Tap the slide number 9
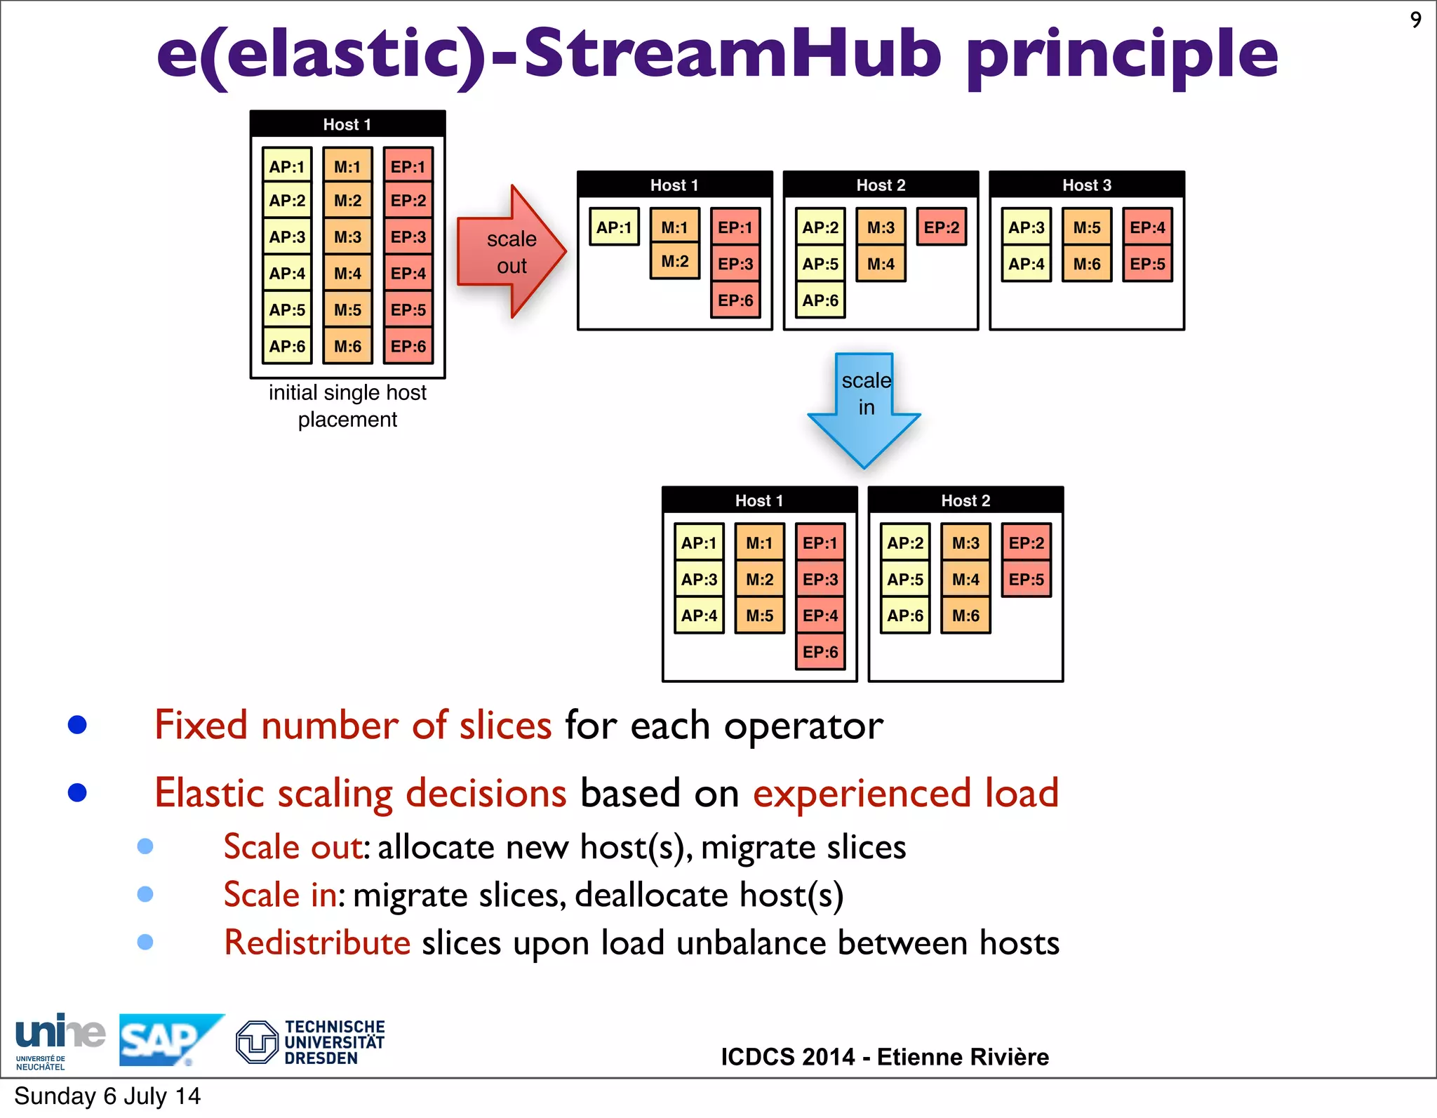point(1415,20)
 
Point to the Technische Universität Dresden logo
point(311,1042)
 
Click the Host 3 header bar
point(1086,185)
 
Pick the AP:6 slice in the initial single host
point(287,346)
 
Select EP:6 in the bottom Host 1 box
point(820,652)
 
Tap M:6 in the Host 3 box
point(1086,264)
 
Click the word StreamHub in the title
point(732,55)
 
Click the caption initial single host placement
point(347,406)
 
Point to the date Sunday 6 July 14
point(107,1096)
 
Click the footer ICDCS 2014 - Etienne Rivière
point(884,1057)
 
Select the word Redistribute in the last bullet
point(317,943)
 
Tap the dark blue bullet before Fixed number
point(77,725)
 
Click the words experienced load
point(905,794)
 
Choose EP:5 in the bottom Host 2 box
point(1026,580)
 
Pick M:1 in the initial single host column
point(347,167)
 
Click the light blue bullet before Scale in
point(145,894)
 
